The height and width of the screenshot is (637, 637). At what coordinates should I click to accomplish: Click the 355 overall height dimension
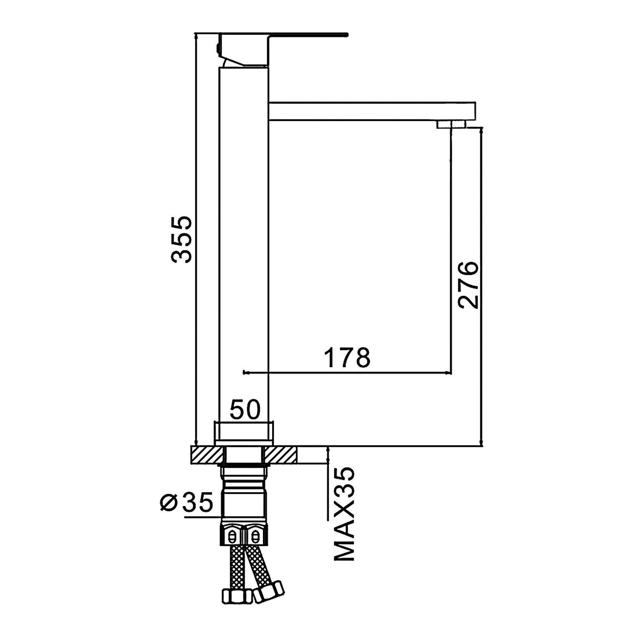(182, 240)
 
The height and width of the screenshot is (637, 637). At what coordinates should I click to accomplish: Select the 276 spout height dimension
(468, 285)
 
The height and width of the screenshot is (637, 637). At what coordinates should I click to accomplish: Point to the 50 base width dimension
(245, 410)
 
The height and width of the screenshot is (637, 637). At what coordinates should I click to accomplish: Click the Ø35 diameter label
(186, 502)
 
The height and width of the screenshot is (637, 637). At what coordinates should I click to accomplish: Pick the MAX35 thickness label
(344, 514)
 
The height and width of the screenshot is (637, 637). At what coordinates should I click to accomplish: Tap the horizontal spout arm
(372, 111)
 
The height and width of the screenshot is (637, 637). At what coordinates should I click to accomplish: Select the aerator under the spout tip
(451, 124)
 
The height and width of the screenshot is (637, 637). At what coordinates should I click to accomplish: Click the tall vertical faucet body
(244, 244)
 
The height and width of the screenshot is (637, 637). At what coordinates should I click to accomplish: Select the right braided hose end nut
(269, 591)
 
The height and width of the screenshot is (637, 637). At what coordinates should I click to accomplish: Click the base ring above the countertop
(244, 433)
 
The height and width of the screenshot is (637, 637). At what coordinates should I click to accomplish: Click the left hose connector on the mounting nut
(232, 536)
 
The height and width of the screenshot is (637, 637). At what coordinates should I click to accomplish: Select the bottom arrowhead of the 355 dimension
(196, 442)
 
